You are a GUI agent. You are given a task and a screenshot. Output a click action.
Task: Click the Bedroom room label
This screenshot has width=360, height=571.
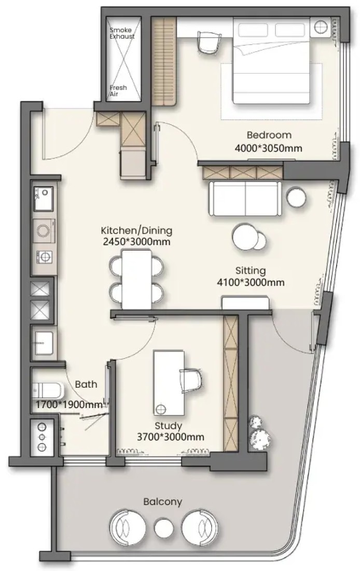(269, 135)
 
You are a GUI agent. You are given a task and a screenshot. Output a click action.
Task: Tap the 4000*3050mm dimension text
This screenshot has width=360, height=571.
(268, 148)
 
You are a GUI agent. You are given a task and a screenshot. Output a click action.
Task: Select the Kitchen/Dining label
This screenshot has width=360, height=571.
(136, 230)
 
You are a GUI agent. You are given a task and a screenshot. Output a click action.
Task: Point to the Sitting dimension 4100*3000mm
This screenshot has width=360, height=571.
(251, 282)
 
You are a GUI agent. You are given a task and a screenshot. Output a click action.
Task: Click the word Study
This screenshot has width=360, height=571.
(168, 426)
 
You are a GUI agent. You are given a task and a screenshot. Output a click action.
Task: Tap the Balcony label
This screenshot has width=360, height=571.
(162, 502)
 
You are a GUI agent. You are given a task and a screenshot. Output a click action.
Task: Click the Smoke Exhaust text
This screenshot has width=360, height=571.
(122, 33)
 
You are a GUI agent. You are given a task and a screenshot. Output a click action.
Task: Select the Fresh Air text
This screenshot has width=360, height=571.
(118, 91)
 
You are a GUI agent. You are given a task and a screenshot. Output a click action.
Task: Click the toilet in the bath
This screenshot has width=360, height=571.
(47, 391)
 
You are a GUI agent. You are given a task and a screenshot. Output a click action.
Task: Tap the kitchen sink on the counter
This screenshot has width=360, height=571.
(44, 199)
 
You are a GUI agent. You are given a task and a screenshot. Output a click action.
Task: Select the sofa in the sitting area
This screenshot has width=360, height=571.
(245, 198)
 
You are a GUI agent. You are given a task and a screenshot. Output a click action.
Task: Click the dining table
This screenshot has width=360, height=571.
(136, 279)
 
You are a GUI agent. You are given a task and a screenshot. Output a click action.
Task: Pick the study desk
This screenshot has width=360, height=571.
(169, 383)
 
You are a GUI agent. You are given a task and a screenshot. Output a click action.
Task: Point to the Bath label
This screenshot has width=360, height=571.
(86, 384)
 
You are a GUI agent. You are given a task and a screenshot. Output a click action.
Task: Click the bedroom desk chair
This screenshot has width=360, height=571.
(209, 41)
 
